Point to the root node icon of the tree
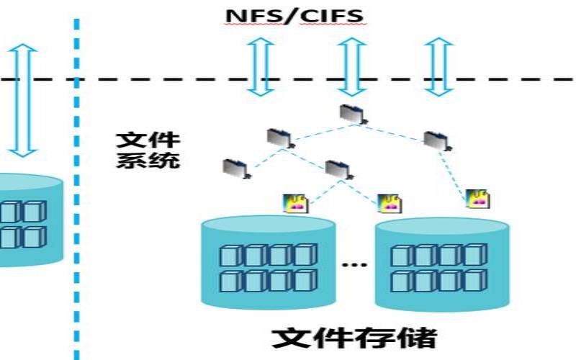pos(352,113)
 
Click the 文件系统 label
pos(148,149)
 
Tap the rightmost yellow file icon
pos(476,199)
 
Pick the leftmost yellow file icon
pos(297,203)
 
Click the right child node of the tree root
pos(436,140)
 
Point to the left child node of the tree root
pos(278,137)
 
